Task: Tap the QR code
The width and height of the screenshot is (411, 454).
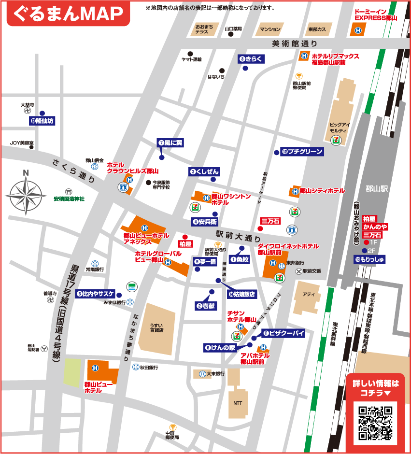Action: pos(375,423)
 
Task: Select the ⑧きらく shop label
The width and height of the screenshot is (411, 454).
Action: pos(252,59)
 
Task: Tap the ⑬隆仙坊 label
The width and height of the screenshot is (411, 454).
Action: pos(42,121)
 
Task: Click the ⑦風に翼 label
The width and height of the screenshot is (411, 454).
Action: pos(170,142)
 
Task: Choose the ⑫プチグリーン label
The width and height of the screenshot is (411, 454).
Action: pos(302,152)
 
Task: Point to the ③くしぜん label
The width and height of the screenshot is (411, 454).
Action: pos(205,171)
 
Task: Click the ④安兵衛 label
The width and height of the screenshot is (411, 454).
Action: pos(205,222)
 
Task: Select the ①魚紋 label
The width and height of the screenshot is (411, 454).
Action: pos(240,260)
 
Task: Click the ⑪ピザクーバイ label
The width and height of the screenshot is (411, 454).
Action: pos(283,333)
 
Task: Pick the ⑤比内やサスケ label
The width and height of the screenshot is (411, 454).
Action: pos(95,293)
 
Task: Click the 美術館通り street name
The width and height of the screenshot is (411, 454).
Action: pos(291,44)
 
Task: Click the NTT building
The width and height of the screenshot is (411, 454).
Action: pos(237,402)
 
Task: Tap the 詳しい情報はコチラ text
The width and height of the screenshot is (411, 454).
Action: pos(376,388)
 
